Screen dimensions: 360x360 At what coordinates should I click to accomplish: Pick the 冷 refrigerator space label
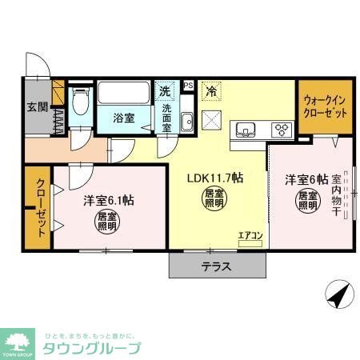[211, 92]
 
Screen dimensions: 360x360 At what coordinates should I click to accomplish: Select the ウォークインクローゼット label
[326, 106]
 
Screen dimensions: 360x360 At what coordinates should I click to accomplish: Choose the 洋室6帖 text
[306, 179]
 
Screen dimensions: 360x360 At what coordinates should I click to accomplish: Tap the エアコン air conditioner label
[250, 234]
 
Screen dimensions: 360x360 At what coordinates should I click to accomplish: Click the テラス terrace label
[216, 267]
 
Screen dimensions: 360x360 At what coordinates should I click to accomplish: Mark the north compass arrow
[338, 295]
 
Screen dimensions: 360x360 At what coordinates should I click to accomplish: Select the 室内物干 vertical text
[337, 198]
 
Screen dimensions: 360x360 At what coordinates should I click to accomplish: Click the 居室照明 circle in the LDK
[213, 199]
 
